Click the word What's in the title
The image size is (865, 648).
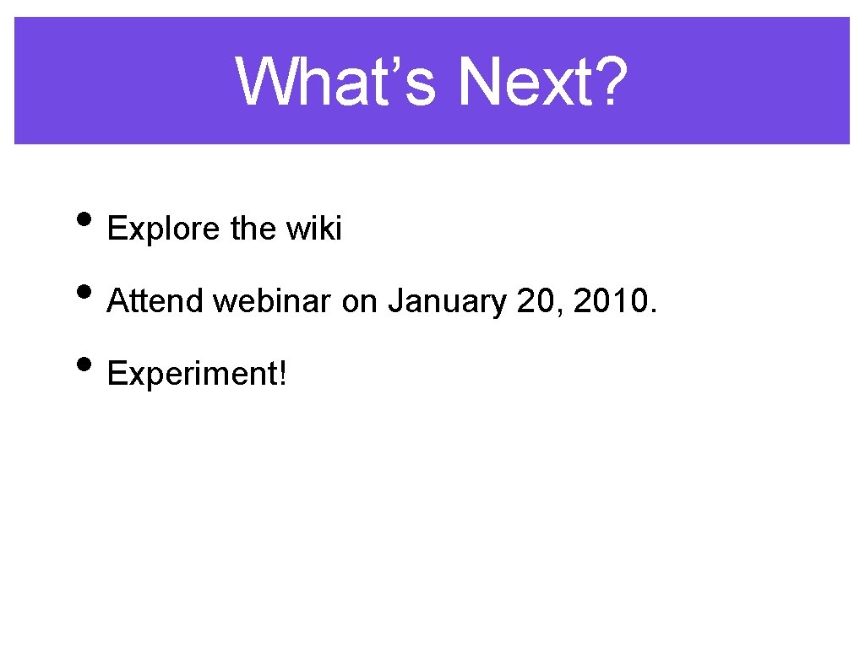(x=335, y=82)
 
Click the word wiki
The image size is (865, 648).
(x=314, y=229)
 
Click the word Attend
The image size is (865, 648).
(x=156, y=300)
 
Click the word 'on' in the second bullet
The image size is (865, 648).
(x=359, y=300)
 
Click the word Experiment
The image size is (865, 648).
(x=193, y=373)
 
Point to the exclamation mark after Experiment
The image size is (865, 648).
(x=283, y=372)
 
